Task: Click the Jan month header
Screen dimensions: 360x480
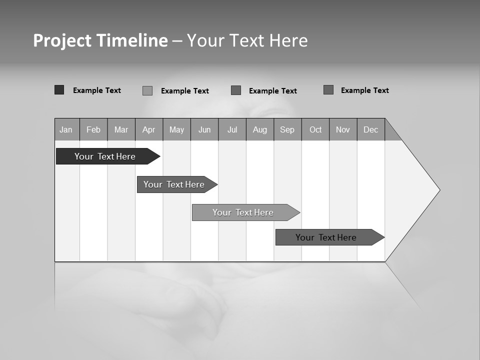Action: tap(66, 129)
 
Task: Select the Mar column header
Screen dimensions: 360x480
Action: tap(121, 129)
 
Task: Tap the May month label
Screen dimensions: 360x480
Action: tap(176, 129)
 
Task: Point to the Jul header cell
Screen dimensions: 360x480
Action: tap(232, 129)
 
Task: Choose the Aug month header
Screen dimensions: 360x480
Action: tap(259, 129)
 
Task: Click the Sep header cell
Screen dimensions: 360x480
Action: tap(287, 129)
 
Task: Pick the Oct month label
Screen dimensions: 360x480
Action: tap(315, 129)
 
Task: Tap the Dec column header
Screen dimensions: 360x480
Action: tap(370, 129)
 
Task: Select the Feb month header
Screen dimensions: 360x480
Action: tap(93, 129)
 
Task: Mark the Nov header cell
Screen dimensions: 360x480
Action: tap(343, 129)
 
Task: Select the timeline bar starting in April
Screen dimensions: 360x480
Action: tap(175, 184)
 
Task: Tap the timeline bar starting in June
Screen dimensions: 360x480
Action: tap(244, 212)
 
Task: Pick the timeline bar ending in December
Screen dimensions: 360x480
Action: tap(327, 237)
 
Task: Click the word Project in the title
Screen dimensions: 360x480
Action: tap(62, 40)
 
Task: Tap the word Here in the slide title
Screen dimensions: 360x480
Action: tap(288, 40)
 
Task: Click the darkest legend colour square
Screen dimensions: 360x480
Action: tap(59, 90)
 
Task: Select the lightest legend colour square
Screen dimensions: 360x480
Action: tap(147, 90)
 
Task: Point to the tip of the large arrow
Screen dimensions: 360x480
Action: tap(439, 190)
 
